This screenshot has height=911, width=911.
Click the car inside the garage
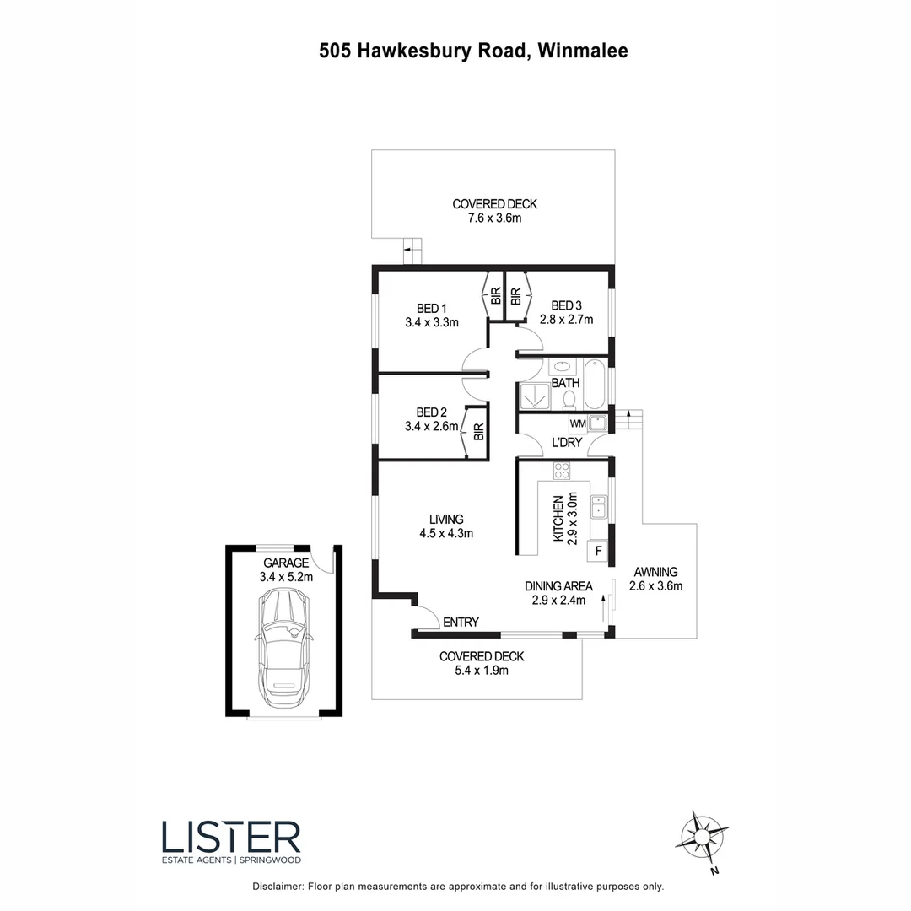[x=284, y=649]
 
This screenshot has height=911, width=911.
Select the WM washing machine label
[x=578, y=423]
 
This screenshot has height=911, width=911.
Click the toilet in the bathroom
[x=569, y=399]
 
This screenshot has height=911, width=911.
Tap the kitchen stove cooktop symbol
[x=562, y=471]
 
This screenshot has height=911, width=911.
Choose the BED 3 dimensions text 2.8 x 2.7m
[x=567, y=320]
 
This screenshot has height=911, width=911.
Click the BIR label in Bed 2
[x=478, y=432]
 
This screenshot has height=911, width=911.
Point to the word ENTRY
[x=461, y=623]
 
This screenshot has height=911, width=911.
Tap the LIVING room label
[x=446, y=519]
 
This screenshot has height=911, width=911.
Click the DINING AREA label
[x=558, y=586]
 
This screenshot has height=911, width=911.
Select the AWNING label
[x=655, y=571]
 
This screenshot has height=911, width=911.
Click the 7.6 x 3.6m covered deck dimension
[x=494, y=218]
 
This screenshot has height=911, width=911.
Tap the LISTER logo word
[x=230, y=838]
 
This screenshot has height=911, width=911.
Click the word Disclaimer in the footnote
[x=278, y=887]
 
